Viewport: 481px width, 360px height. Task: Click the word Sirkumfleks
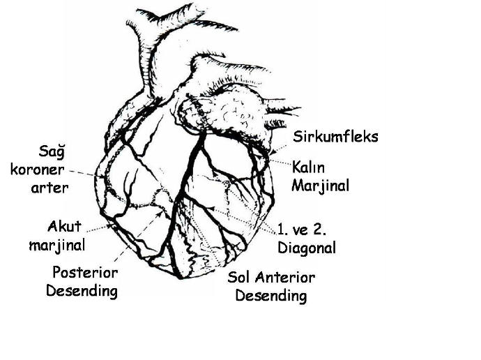pos(335,137)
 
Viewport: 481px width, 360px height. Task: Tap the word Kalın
pos(308,167)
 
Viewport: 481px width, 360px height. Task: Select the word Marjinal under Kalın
pos(320,186)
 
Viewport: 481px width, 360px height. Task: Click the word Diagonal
pos(307,248)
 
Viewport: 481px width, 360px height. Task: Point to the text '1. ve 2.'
pos(302,230)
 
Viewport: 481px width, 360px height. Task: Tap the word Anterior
pos(285,278)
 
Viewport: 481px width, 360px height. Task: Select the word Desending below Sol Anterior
pos(271,297)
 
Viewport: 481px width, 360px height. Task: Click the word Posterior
pos(85,273)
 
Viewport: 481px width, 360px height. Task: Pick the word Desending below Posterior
pos(82,291)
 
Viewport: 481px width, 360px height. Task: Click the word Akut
pos(64,227)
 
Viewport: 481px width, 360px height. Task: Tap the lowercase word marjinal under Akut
pos(57,246)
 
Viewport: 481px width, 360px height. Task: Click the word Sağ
pos(52,152)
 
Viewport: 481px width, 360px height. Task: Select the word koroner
pos(38,170)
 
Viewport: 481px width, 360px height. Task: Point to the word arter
pos(49,188)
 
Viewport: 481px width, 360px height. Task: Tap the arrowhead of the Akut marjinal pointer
pos(110,226)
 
